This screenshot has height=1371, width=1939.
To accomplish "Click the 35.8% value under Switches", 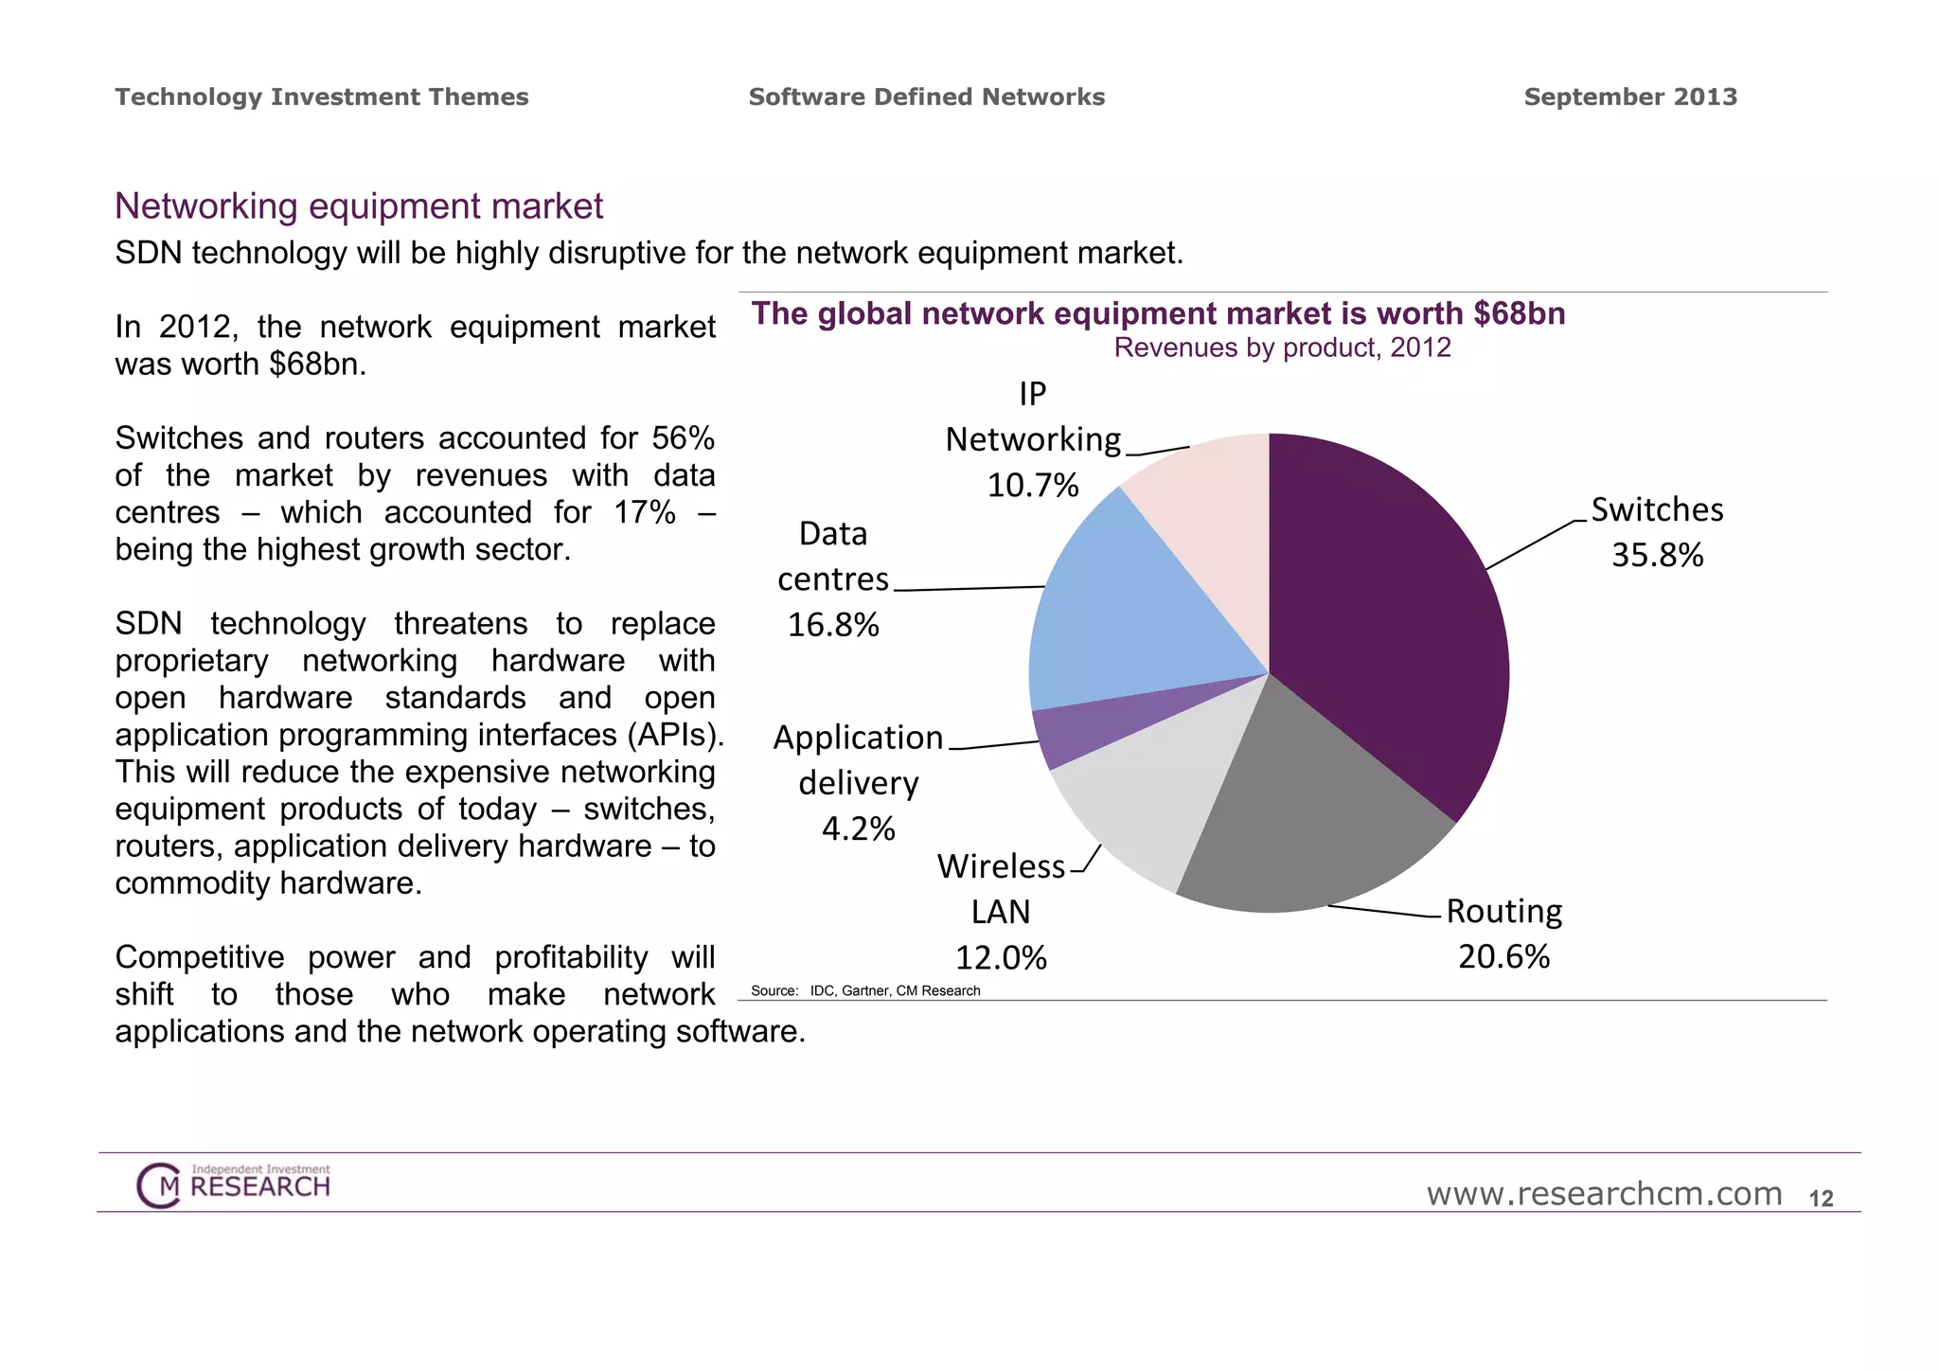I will coord(1657,555).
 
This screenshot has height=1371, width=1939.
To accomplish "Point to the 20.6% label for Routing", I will coord(1503,956).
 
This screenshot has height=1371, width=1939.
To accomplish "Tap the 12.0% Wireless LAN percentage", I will coord(1001,958).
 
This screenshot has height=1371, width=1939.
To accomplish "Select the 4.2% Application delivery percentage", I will coord(858,828).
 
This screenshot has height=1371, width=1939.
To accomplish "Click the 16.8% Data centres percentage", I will coord(833,625).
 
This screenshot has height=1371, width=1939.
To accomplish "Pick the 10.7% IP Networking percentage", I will coord(1032,486).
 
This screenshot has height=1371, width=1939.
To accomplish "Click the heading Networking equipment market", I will coord(359,206).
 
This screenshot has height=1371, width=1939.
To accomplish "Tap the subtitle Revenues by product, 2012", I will coord(1282,347).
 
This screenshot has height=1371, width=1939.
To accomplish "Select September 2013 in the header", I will coord(1630,97).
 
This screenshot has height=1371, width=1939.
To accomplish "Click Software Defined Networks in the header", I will coord(926,97).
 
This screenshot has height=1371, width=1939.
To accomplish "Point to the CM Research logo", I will coord(234,1184).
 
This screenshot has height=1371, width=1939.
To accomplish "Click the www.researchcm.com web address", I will coord(1604,1194).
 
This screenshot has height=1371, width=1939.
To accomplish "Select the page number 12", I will coord(1821,1199).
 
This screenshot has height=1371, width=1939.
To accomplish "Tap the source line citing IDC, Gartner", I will coord(865,990).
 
